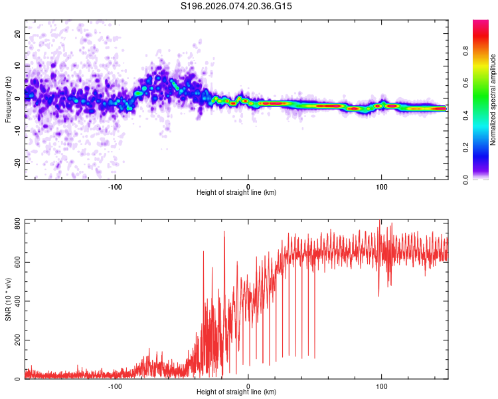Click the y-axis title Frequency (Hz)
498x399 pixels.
coord(8,100)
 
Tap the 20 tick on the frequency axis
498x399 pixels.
coord(18,33)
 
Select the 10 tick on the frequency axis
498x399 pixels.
coord(18,66)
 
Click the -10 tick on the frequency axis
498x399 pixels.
coord(17,131)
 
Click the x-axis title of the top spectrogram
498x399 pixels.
coord(236,193)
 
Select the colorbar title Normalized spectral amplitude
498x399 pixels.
coord(493,100)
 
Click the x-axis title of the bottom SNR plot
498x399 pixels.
coord(236,392)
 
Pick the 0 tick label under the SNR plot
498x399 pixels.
coord(248,385)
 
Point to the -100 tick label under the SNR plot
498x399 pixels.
coord(114,385)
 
